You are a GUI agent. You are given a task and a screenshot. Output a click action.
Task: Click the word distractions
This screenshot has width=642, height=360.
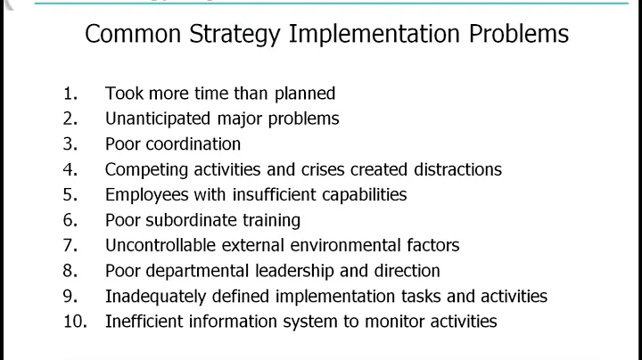tap(458, 169)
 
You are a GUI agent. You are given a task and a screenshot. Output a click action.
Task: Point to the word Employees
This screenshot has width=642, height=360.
tap(144, 194)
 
